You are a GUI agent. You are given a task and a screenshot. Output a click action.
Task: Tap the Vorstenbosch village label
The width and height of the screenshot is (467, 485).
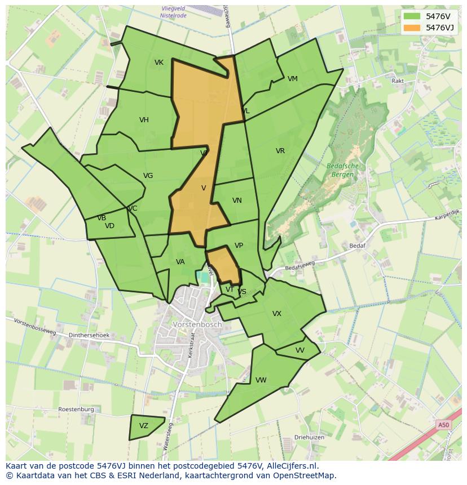tap(197, 325)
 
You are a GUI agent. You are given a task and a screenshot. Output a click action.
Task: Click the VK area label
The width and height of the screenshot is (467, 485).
tap(159, 63)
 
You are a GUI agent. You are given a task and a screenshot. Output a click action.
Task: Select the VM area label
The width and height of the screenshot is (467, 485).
tap(292, 79)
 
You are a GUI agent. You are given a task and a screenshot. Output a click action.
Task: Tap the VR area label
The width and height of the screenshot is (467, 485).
tap(280, 151)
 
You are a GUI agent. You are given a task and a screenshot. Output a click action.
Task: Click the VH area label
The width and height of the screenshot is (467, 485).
tap(144, 120)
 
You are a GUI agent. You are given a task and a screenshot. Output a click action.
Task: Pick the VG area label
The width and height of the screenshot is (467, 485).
tap(148, 176)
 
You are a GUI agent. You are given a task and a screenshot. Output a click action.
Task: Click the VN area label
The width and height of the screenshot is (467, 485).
tap(237, 201)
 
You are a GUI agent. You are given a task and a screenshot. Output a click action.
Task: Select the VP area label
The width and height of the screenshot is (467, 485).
tap(239, 246)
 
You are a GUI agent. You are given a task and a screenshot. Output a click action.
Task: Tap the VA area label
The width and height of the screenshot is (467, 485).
tap(180, 262)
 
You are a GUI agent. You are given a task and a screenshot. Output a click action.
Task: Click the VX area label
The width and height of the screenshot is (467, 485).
tap(277, 314)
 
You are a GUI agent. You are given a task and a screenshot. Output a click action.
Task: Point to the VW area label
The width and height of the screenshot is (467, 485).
tap(261, 380)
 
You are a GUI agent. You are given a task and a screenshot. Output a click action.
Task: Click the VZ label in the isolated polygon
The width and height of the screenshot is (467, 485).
tap(144, 426)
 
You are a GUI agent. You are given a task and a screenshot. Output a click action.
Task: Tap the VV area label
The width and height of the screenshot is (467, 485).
tap(300, 350)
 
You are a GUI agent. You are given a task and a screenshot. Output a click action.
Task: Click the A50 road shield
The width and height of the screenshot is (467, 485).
tap(444, 425)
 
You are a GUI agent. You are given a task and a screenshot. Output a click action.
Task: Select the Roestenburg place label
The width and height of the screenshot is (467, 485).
tap(76, 410)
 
